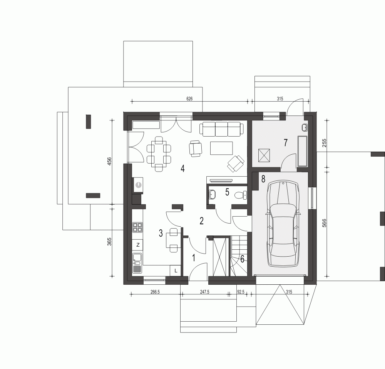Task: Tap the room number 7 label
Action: click(285, 142)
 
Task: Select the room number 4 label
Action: click(182, 169)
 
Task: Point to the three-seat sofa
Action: click(222, 129)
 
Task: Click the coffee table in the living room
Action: click(221, 148)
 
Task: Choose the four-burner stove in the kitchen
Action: click(138, 227)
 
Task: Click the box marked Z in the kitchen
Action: click(138, 245)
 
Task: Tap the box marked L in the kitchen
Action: click(176, 270)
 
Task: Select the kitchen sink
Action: click(137, 263)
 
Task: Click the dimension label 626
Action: click(189, 99)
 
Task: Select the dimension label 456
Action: click(109, 161)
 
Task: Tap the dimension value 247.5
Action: click(204, 292)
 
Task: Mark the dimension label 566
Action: click(324, 223)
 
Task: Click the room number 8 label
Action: click(263, 179)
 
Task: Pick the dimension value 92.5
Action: click(241, 292)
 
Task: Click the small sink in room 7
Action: click(305, 127)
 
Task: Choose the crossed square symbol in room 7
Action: click(264, 155)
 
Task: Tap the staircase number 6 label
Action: click(242, 259)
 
